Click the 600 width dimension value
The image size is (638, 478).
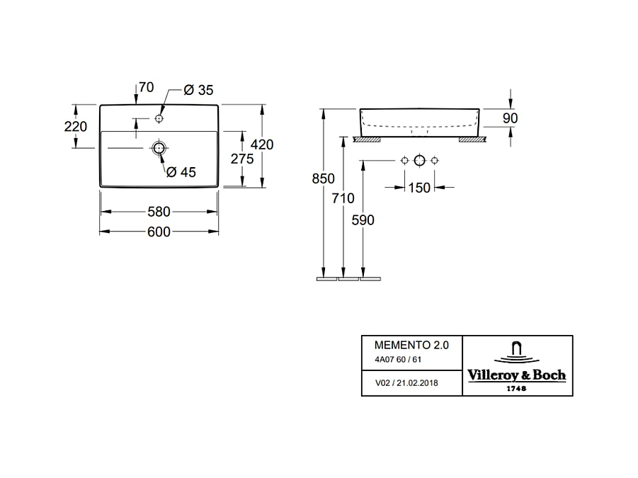pos(159,232)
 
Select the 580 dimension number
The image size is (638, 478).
pos(159,212)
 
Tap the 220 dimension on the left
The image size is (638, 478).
pos(76,127)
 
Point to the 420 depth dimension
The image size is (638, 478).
pos(263,144)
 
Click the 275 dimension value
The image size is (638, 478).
pos(242,159)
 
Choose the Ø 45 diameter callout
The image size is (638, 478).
pos(181,171)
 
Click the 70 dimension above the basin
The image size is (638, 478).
pos(147,88)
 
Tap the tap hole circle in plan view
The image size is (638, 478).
pos(159,117)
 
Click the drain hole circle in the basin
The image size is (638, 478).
pos(159,149)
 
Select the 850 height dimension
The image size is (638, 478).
pos(323,179)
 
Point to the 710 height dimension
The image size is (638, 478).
pos(343,199)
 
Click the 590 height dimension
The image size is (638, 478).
pos(363,220)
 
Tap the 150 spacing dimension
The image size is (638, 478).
pos(419,188)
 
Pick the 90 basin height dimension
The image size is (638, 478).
pos(511,118)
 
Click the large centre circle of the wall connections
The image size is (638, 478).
pos(419,160)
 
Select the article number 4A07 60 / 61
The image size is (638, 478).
pos(397,360)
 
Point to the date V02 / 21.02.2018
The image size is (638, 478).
pos(406,383)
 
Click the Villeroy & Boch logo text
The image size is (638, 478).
pos(516,375)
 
